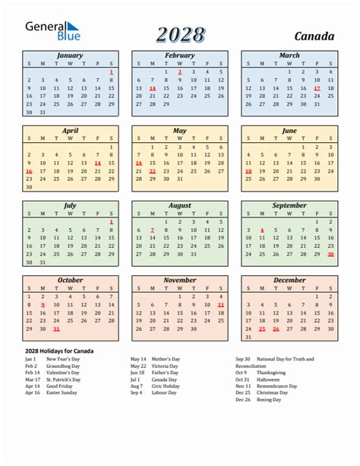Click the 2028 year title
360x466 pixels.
180,34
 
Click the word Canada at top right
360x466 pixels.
313,36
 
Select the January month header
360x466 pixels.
70,55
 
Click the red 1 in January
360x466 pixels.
112,71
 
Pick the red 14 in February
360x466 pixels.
153,88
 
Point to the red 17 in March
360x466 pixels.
317,88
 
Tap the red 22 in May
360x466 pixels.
153,172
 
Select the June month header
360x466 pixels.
289,131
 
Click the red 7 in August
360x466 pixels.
153,230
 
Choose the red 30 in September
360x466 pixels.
331,255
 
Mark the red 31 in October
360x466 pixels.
56,329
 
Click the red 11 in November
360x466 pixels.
221,304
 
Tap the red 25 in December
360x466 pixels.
262,329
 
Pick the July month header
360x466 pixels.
70,205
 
